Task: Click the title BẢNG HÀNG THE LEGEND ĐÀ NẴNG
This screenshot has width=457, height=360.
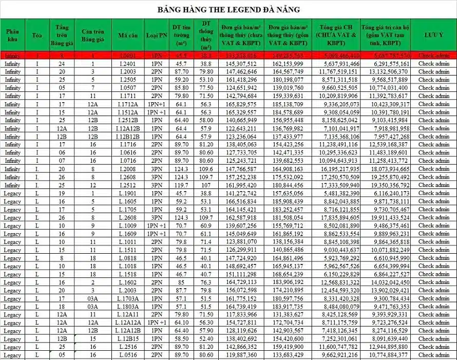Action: point(228,10)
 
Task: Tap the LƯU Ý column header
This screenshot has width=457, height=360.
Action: point(433,35)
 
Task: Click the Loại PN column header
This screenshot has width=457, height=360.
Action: point(156,35)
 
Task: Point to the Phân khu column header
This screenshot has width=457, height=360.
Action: point(12,35)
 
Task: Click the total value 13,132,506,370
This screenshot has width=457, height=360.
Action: point(385,72)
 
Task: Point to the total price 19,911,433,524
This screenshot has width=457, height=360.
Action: point(385,218)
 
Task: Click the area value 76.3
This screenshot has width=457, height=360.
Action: point(206,282)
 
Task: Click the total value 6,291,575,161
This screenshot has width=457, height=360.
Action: point(385,64)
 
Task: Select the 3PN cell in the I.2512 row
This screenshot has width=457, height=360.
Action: point(156,185)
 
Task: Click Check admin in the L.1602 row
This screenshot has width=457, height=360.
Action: point(433,282)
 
